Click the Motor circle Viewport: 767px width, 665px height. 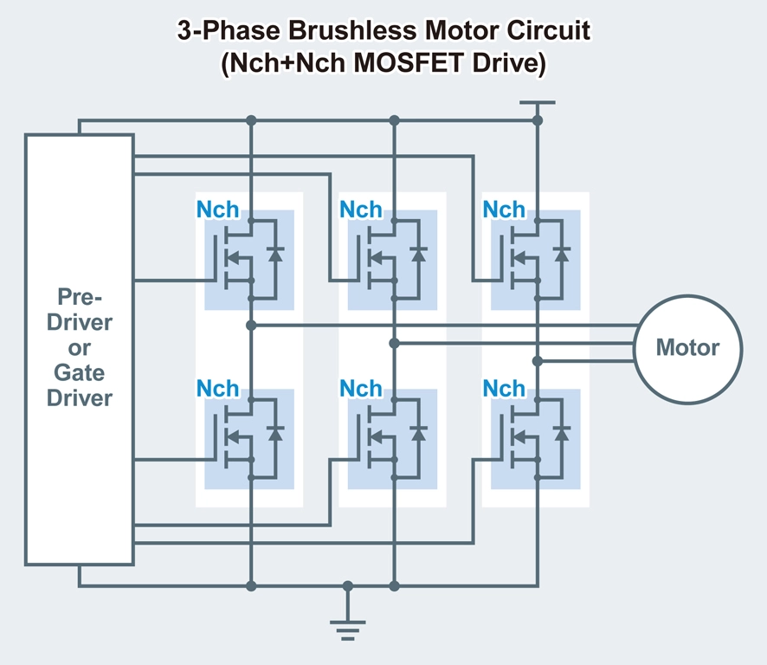click(688, 348)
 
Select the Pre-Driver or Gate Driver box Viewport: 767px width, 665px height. click(80, 349)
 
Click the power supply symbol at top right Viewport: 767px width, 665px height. click(537, 103)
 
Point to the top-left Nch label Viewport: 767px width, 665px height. click(217, 210)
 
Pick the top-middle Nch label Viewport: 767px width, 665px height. click(360, 210)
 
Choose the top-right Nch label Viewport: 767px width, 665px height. click(504, 210)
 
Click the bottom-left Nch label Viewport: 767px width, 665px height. click(217, 390)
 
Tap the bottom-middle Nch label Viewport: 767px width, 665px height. click(360, 390)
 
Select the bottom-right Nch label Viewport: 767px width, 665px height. click(504, 390)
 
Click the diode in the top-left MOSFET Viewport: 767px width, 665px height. click(275, 255)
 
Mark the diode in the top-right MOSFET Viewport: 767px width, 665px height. click(562, 255)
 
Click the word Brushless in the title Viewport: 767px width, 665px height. click(326, 32)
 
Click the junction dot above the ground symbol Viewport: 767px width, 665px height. click(348, 586)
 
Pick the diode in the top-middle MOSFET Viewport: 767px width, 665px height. click(419, 255)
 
